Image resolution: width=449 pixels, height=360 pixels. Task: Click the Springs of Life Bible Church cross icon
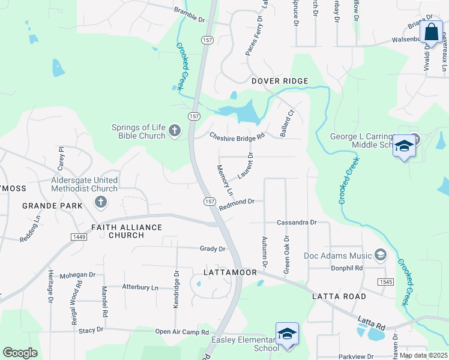(175, 131)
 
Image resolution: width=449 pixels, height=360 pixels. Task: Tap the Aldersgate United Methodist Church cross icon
(100, 203)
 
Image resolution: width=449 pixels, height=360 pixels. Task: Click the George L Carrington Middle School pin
(404, 146)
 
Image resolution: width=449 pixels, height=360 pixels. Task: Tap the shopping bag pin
(431, 33)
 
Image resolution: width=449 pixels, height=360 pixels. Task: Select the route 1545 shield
(385, 281)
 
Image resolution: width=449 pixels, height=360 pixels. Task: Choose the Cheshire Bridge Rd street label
(237, 136)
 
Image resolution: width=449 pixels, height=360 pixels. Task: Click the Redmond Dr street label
(237, 205)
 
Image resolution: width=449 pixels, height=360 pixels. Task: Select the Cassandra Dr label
(297, 222)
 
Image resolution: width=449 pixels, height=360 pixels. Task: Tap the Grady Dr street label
(212, 248)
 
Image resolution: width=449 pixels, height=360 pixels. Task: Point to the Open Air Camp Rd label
(181, 332)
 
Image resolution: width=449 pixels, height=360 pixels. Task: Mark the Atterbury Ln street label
(140, 287)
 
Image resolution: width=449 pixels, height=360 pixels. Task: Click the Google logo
(20, 353)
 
